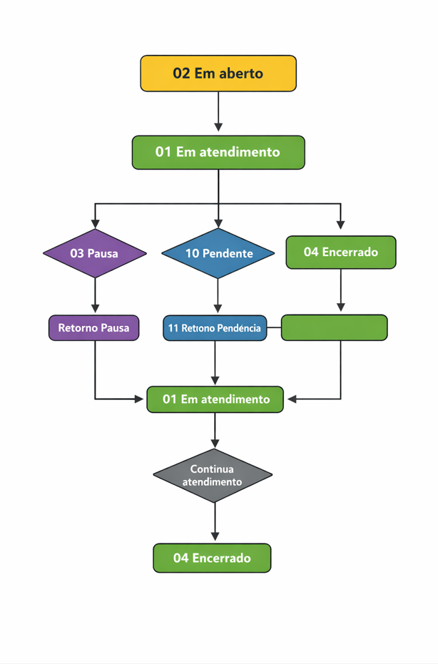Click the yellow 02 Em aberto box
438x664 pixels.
(218, 73)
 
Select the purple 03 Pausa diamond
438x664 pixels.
(95, 253)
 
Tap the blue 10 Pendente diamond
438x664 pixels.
(218, 253)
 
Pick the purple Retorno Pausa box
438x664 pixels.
(93, 328)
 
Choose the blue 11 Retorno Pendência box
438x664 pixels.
(215, 328)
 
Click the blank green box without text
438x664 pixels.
(334, 328)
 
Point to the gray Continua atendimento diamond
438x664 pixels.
(213, 475)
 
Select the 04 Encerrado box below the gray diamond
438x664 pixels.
(212, 558)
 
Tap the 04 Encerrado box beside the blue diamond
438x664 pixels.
(340, 252)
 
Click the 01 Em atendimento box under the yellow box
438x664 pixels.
(218, 152)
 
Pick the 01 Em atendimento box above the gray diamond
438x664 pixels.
(215, 399)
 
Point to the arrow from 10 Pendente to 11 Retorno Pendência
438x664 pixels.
(218, 296)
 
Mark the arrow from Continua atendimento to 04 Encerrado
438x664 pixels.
(215, 522)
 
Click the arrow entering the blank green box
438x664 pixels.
(340, 291)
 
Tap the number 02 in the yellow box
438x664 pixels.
(181, 73)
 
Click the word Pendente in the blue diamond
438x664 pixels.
(228, 253)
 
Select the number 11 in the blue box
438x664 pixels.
(173, 328)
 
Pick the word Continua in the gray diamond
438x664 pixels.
(212, 469)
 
